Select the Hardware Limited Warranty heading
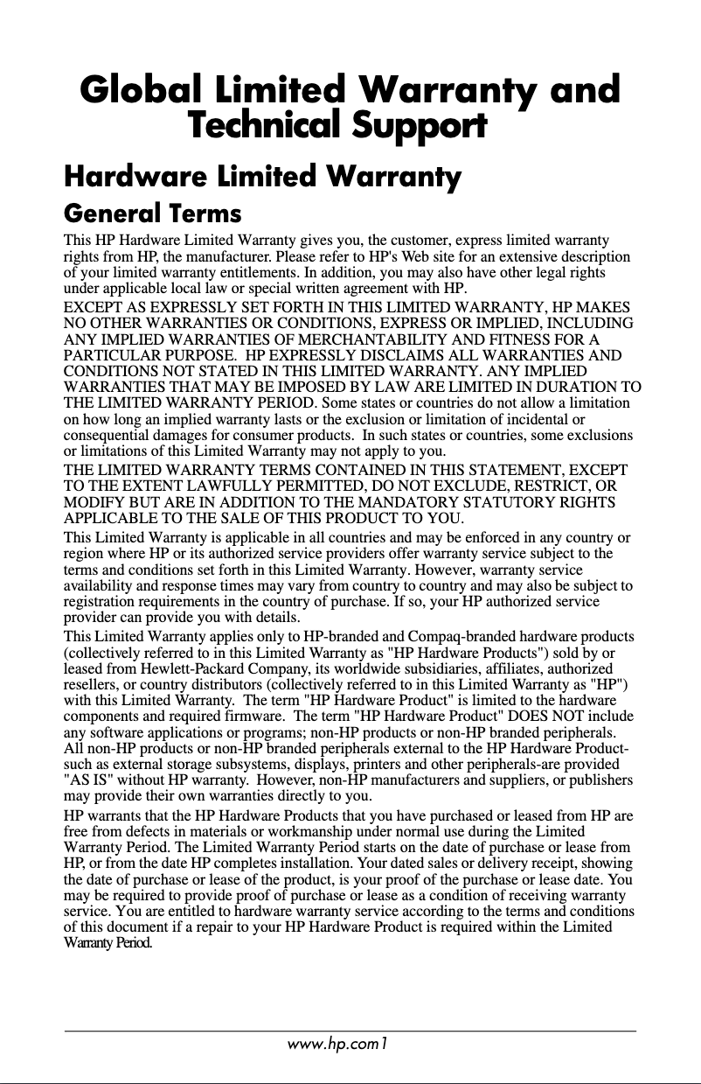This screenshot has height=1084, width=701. pos(262,178)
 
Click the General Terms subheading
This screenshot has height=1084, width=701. pos(153,213)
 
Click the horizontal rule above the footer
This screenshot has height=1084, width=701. pos(350,1032)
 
